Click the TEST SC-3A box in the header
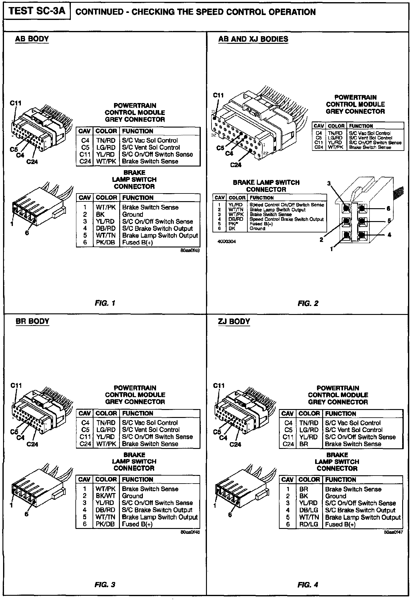click(x=37, y=11)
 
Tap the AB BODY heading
click(x=32, y=39)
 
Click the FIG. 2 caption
click(x=308, y=303)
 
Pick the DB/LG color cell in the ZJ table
click(x=309, y=510)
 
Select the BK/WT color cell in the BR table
click(x=105, y=496)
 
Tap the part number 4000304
click(x=227, y=241)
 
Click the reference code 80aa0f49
click(x=190, y=250)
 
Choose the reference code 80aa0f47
click(x=393, y=532)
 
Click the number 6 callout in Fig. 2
click(x=388, y=209)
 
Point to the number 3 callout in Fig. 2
click(x=329, y=184)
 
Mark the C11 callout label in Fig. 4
click(x=219, y=385)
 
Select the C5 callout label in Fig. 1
click(x=14, y=149)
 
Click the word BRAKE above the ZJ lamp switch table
click(x=337, y=455)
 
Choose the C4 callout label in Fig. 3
click(x=20, y=438)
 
